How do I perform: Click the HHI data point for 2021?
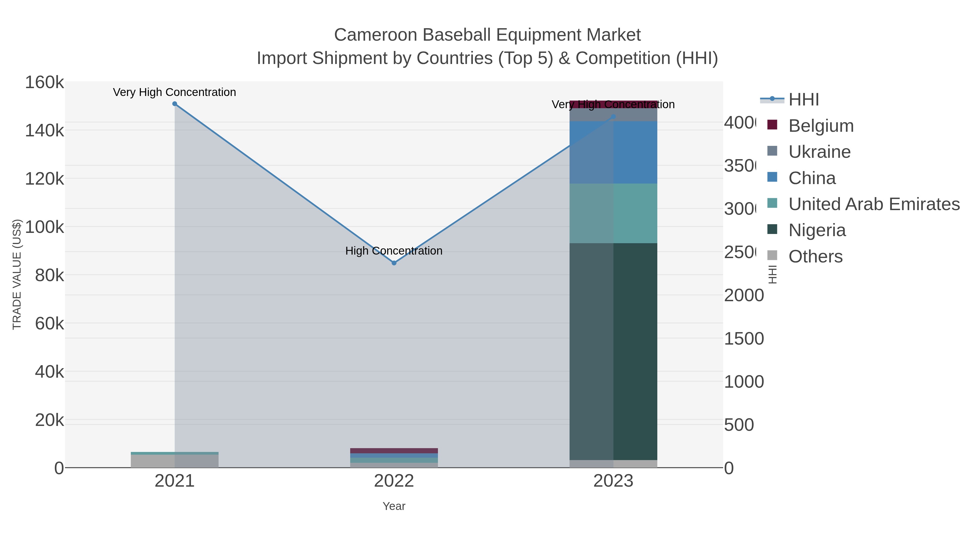point(174,104)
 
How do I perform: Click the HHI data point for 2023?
point(613,117)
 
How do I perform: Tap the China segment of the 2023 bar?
point(613,152)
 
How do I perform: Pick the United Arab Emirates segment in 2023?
point(613,213)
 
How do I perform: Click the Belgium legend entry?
point(821,126)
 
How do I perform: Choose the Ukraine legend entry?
point(819,152)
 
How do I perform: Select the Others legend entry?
point(815,256)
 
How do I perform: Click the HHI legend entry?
point(803,100)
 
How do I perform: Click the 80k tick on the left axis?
point(49,275)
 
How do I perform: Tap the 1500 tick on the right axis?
point(744,339)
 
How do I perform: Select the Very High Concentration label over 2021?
point(174,92)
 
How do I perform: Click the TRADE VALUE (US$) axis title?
point(17,274)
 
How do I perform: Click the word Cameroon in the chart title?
point(375,35)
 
